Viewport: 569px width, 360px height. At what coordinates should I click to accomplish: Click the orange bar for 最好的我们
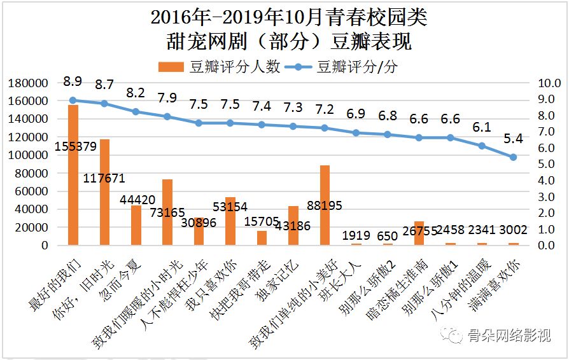(x=73, y=175)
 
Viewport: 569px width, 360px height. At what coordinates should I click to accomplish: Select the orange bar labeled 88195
(x=325, y=205)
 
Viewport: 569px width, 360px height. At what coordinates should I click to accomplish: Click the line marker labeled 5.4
(x=513, y=157)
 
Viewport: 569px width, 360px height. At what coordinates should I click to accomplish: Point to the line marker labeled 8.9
(x=73, y=100)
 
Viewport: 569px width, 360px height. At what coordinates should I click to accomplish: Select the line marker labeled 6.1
(x=482, y=146)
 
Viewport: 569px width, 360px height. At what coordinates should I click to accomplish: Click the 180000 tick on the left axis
(x=28, y=83)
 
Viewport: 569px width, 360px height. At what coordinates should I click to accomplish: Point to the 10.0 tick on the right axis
(x=549, y=83)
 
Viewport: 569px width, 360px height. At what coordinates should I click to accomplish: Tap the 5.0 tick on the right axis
(x=549, y=164)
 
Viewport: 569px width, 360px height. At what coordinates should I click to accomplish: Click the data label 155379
(x=75, y=146)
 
